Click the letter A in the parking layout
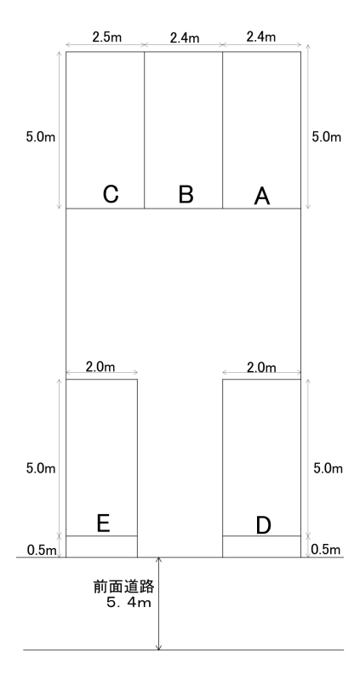click(x=261, y=197)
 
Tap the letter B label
click(x=186, y=195)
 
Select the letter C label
click(x=111, y=194)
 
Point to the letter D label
click(x=263, y=525)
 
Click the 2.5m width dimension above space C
click(x=107, y=37)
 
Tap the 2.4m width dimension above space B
click(x=185, y=37)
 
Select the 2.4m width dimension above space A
click(x=261, y=37)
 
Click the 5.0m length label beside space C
click(x=41, y=137)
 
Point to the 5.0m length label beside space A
click(x=327, y=137)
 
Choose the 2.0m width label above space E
click(x=100, y=367)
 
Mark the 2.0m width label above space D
click(x=261, y=368)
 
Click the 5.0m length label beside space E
click(x=41, y=469)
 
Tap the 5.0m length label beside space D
click(x=328, y=469)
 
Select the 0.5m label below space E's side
click(x=42, y=550)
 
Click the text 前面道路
click(x=124, y=587)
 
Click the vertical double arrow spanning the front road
click(x=159, y=604)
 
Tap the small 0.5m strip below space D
click(x=261, y=547)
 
